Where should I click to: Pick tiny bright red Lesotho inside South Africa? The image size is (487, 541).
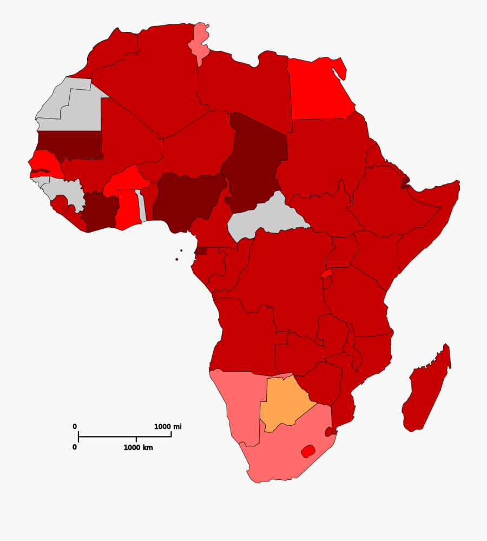(x=308, y=451)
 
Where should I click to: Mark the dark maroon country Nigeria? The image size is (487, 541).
(x=187, y=200)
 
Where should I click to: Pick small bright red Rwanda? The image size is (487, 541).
(x=326, y=274)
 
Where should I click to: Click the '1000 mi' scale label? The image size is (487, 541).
(x=168, y=426)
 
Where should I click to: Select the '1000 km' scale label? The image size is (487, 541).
(x=138, y=447)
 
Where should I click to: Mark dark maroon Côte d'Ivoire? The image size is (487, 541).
(x=101, y=214)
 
